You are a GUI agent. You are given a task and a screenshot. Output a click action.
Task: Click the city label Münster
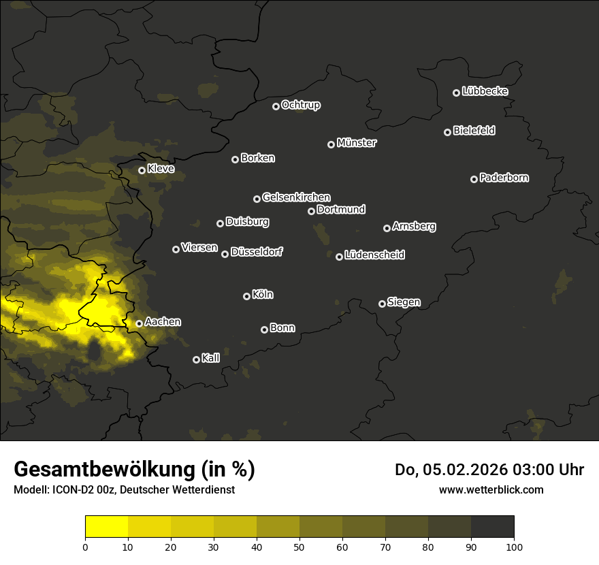click(x=357, y=143)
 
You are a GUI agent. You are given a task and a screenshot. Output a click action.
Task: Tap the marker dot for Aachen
click(x=139, y=324)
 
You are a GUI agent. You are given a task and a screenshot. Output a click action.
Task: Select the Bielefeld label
click(x=474, y=131)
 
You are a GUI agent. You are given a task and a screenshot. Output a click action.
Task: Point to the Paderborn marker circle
click(x=474, y=179)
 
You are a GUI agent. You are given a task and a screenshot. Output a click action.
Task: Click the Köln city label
click(x=263, y=295)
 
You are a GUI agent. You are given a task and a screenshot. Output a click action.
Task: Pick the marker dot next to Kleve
click(x=142, y=170)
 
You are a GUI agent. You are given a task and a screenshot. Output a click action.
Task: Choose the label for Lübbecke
click(x=485, y=91)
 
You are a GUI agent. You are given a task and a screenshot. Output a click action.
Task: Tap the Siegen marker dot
click(x=382, y=304)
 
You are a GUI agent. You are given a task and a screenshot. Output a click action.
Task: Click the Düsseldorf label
click(x=257, y=252)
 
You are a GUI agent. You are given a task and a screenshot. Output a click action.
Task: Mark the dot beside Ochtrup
click(x=276, y=106)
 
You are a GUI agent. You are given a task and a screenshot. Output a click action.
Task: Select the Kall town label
click(x=211, y=358)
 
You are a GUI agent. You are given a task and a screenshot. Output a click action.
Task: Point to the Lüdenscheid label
click(x=375, y=255)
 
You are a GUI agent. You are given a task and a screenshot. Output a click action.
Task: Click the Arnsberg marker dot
click(x=387, y=228)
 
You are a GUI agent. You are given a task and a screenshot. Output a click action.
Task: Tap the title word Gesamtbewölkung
click(x=103, y=470)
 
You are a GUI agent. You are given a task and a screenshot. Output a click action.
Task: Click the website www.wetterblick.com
click(x=491, y=489)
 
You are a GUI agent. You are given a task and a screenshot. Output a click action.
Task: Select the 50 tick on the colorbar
click(x=299, y=547)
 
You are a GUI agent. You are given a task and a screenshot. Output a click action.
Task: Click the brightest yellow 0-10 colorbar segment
click(x=107, y=526)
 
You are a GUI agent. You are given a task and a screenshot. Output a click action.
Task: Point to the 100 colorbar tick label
click(x=514, y=547)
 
